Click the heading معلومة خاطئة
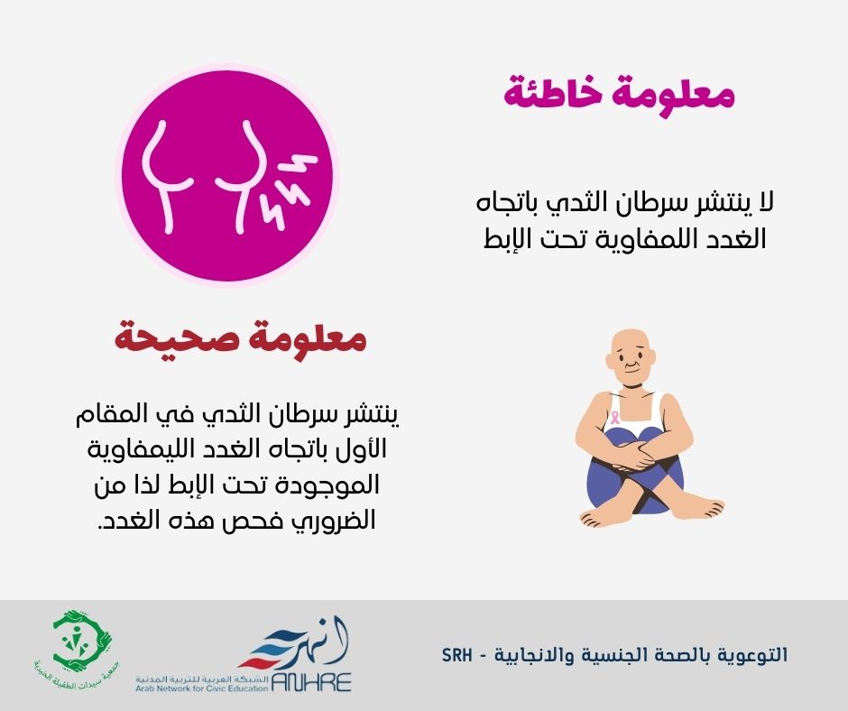[x=619, y=93]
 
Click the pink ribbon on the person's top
[x=615, y=416]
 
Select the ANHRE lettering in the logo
[x=311, y=682]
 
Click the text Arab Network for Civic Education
[x=202, y=688]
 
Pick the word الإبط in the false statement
[x=506, y=238]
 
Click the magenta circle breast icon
[x=226, y=174]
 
